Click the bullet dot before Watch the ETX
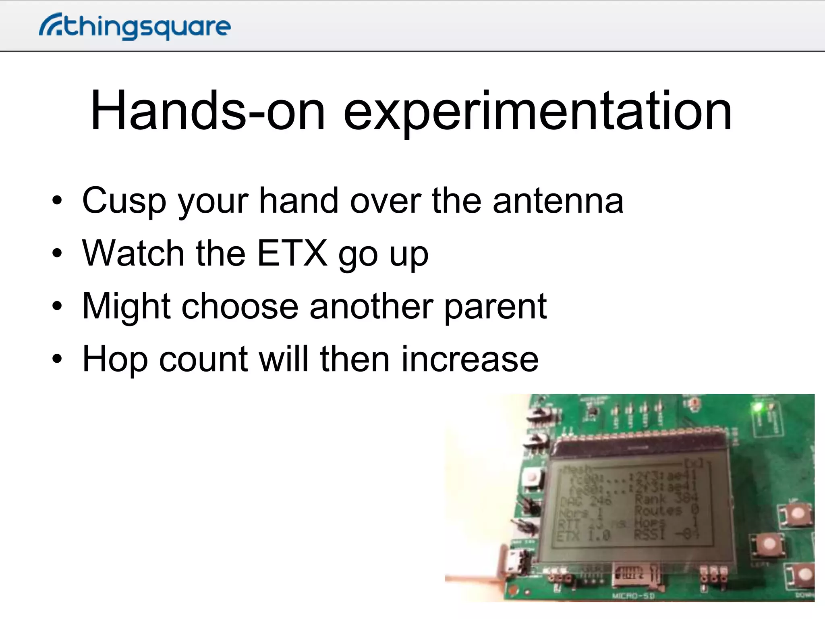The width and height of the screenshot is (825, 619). [57, 253]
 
